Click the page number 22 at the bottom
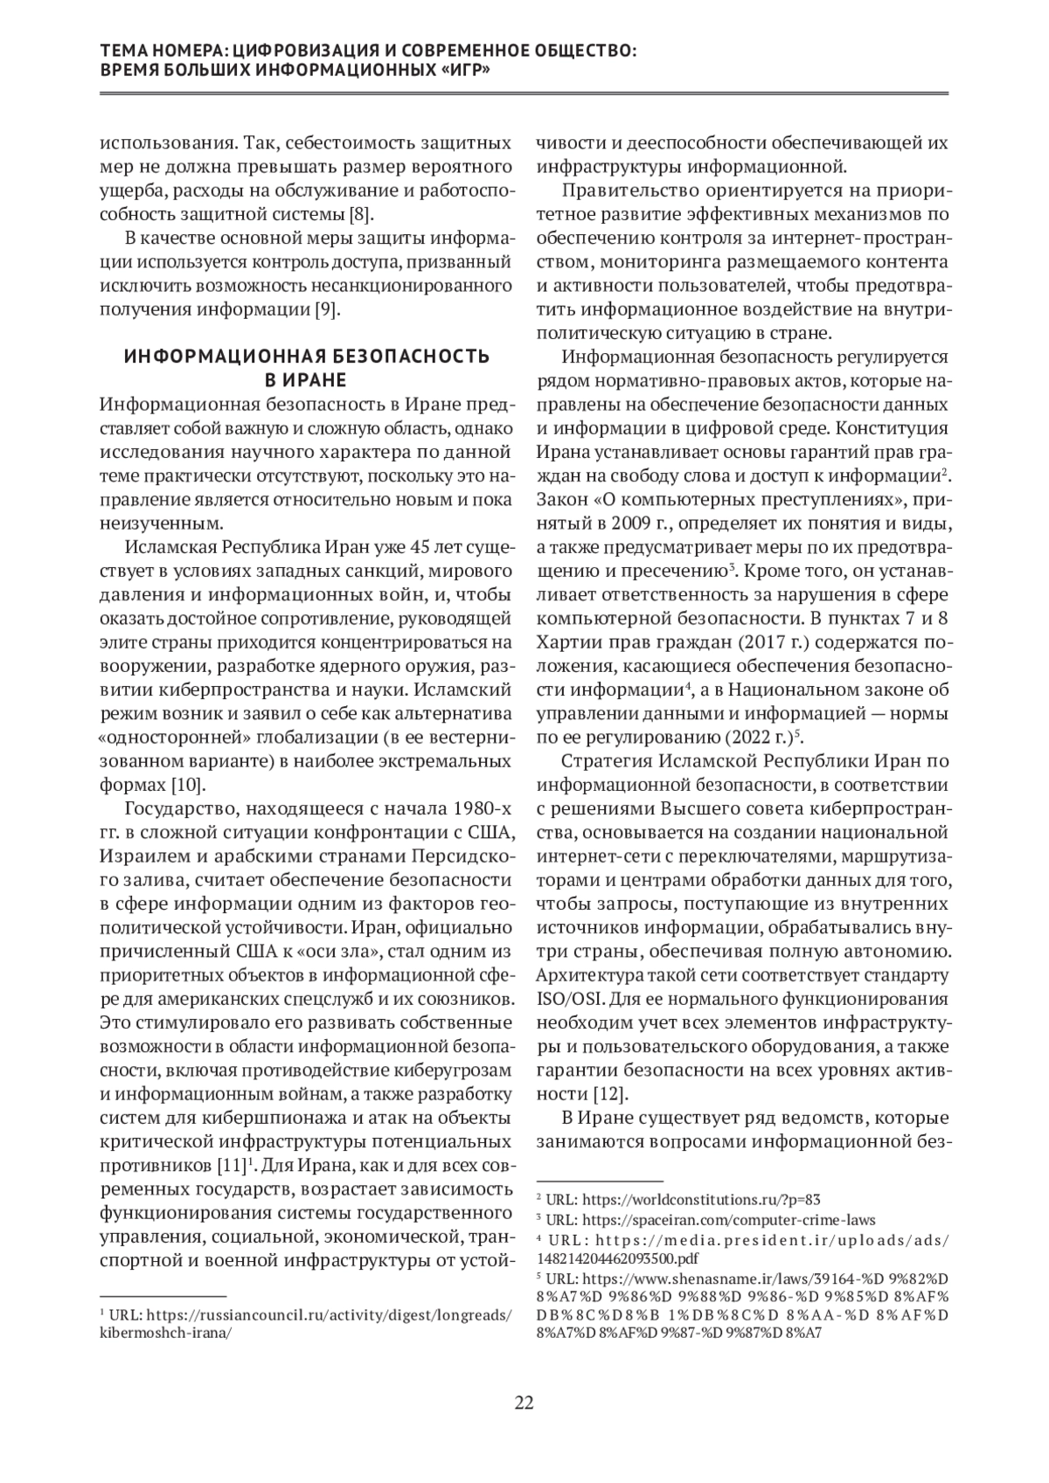tap(524, 1403)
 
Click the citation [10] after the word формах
tap(189, 781)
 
